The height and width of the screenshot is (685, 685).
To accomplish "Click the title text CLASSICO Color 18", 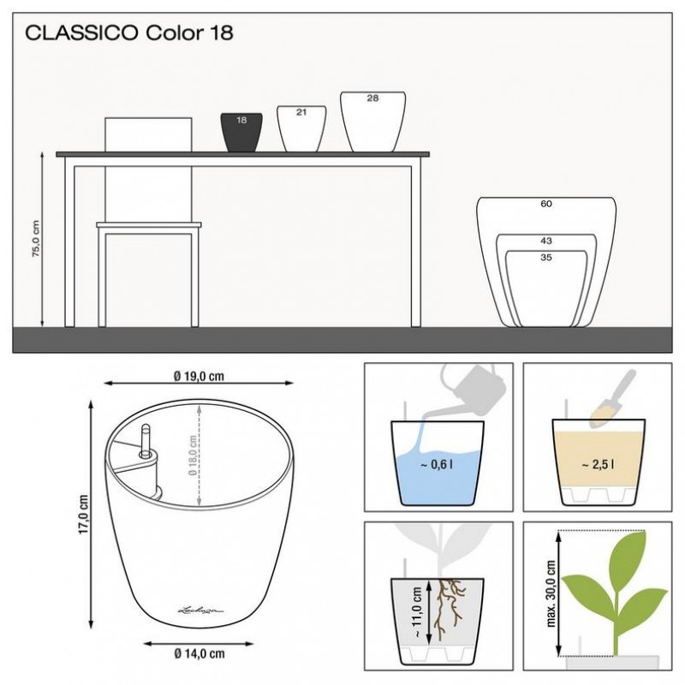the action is [129, 33].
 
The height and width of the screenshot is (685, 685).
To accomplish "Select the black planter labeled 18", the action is [241, 133].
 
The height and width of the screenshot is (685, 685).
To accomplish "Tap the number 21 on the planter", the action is [301, 112].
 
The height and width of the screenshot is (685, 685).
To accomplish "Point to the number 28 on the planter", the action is [372, 98].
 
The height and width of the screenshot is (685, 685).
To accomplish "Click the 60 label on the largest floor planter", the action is [546, 204].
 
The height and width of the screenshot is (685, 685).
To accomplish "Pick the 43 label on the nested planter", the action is [546, 241].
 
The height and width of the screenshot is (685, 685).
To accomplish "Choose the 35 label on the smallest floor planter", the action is [546, 258].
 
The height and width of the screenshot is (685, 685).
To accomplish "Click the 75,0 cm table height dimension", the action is [35, 239].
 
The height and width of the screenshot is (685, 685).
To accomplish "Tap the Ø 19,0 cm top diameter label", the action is [199, 376].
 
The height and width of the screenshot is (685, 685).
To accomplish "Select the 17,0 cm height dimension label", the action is [83, 514].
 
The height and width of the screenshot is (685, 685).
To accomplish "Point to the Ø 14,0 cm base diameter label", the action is [200, 653].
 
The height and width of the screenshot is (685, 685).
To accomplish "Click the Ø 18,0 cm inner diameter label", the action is [192, 456].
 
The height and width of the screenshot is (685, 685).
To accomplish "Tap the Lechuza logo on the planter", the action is [201, 610].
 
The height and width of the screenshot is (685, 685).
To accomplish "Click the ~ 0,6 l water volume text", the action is [437, 464].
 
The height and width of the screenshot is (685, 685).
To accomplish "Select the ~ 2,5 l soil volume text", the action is [598, 465].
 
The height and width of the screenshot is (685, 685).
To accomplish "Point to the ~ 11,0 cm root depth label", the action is [416, 611].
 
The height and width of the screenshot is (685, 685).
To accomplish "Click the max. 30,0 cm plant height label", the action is [551, 593].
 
